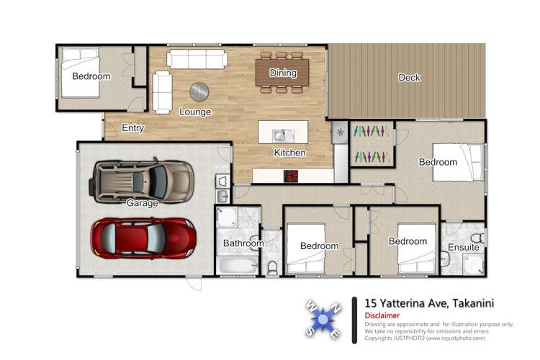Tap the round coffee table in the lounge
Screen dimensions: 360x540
199,91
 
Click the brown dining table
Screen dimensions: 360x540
283,72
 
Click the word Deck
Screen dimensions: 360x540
409,78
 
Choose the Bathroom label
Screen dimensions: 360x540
243,243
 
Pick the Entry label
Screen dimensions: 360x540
132,130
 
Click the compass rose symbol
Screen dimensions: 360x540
324,318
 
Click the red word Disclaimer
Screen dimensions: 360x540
382,315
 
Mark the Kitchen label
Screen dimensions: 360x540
289,153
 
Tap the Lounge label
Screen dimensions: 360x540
194,112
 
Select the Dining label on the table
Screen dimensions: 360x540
283,73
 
